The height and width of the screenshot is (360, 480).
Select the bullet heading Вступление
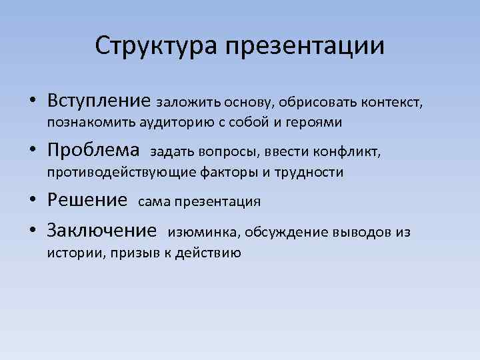(x=99, y=101)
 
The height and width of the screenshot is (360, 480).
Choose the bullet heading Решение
(x=87, y=199)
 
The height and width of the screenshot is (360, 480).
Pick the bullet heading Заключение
(x=101, y=231)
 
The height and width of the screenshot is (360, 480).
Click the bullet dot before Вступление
(x=33, y=103)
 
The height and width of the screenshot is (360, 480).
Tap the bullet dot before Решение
(x=33, y=201)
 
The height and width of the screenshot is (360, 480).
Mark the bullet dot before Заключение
(x=33, y=232)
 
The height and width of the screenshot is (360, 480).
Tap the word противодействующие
(x=122, y=173)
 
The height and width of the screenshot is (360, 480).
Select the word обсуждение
(x=284, y=233)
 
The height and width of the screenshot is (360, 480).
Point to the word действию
(x=208, y=253)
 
